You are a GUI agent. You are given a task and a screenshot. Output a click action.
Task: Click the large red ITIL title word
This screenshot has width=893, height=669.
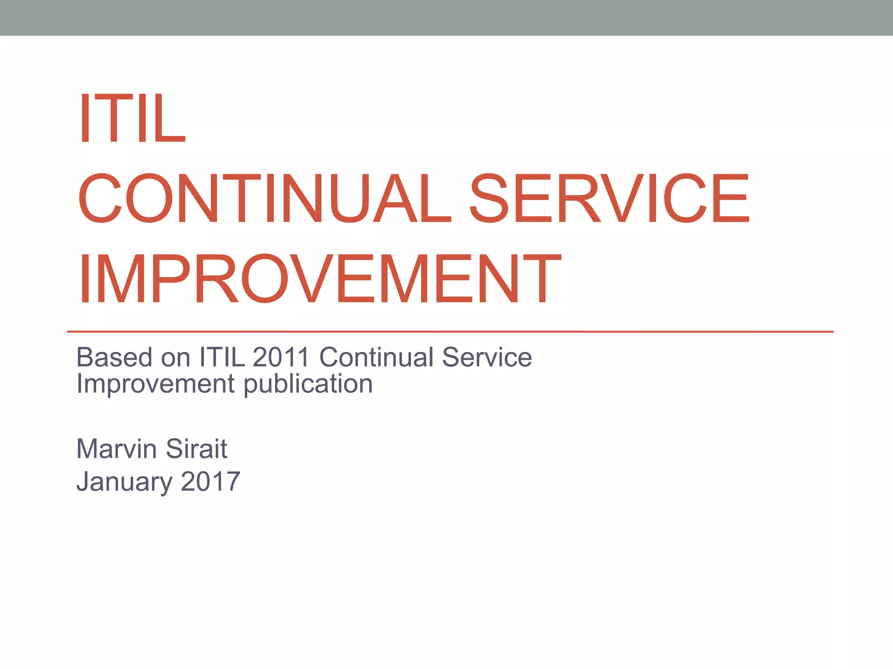(132, 118)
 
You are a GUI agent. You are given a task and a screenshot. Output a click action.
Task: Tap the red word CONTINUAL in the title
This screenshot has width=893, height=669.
(264, 198)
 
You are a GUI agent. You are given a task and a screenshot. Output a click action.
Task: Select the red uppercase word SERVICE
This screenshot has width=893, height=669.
(609, 198)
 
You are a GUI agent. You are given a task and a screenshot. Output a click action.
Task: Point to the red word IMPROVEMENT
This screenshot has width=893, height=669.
(320, 279)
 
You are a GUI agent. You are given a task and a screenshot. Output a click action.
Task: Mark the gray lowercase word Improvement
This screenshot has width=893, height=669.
(156, 384)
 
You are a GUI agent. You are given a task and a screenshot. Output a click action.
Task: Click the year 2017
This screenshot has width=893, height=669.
(210, 481)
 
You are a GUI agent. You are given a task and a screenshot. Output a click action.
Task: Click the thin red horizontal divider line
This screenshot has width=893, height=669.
(450, 332)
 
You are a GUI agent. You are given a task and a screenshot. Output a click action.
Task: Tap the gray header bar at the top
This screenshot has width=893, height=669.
(446, 17)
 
